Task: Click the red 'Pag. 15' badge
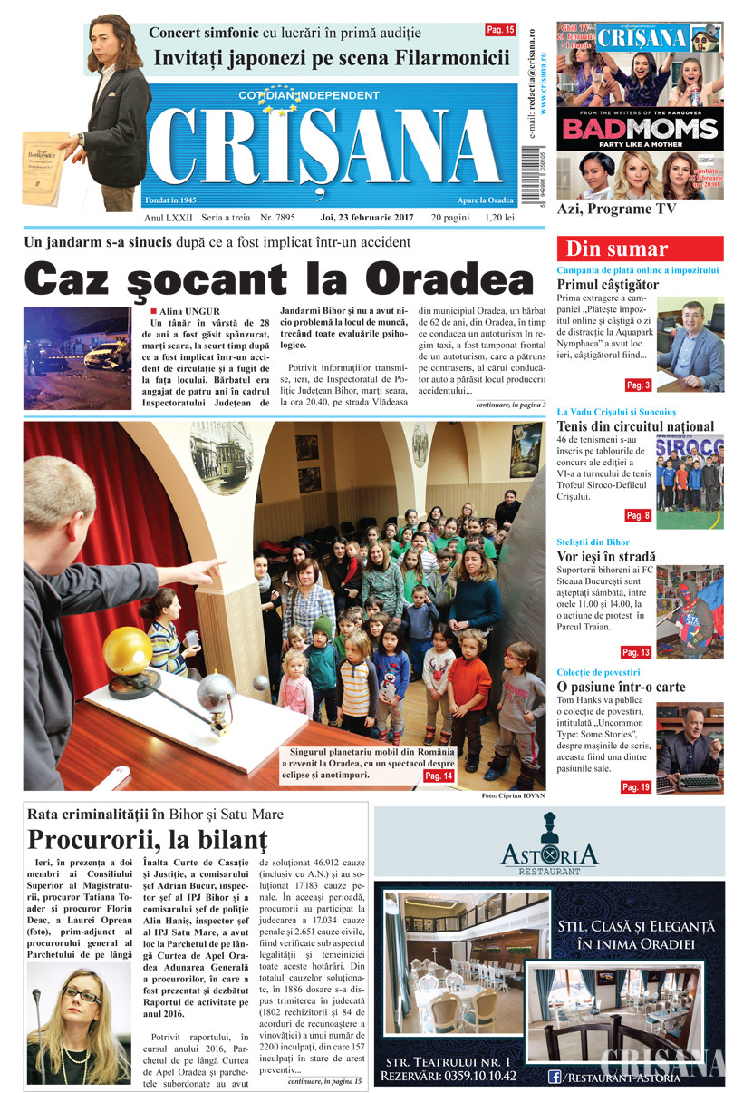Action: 500,30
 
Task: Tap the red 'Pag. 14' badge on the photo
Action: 439,776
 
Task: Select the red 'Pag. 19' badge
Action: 636,787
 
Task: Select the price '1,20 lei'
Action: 499,218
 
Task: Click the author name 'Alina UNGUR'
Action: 190,312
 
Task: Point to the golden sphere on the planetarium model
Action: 127,650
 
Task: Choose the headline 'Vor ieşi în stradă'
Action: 606,557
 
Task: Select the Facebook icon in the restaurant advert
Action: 553,1078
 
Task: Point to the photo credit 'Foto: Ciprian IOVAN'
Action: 511,795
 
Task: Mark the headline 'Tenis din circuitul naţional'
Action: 635,426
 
